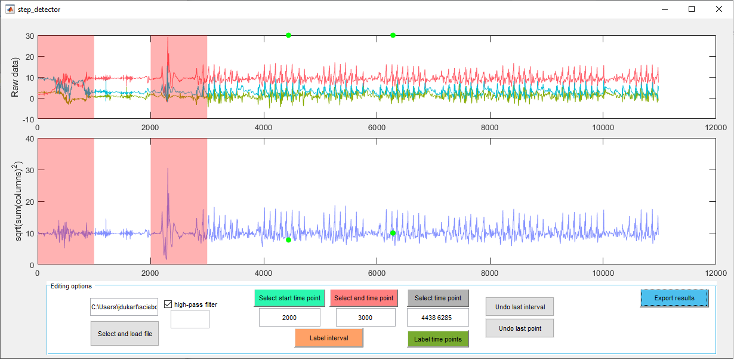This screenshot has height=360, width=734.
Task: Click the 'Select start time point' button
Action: coord(289,298)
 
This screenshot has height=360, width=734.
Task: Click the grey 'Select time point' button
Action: coord(438,298)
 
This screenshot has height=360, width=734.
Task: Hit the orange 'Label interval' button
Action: coord(329,338)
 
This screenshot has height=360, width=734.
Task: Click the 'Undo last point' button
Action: coord(519,328)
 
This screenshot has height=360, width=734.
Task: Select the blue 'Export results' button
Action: coord(674,298)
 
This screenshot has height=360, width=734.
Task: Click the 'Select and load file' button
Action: coord(125,334)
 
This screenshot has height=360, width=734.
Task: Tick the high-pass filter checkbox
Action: coord(168,304)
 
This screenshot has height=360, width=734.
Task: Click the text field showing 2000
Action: coord(289,318)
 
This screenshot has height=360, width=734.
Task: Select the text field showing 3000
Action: coord(365,318)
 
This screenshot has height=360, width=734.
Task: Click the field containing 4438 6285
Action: coord(438,318)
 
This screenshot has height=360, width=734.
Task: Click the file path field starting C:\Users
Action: coord(124,307)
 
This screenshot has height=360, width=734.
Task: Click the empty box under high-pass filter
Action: coord(190,319)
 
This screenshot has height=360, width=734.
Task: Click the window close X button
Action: coord(719,10)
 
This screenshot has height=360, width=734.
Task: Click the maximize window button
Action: coord(692,10)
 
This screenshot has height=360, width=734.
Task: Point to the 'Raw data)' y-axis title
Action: coord(16,77)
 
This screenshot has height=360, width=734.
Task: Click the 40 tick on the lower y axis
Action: coord(29,139)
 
